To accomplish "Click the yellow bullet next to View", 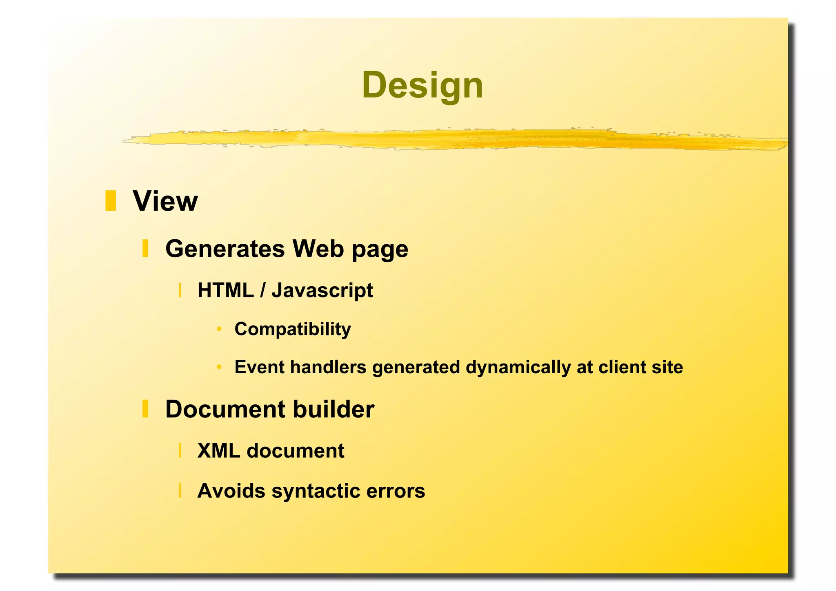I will [111, 201].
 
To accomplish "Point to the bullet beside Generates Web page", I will [145, 248].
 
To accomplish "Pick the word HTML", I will [226, 290].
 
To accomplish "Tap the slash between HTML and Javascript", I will [262, 290].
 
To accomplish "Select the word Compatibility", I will [293, 329].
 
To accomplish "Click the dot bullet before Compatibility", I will [219, 329].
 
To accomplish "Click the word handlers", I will [328, 367].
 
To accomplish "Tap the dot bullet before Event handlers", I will [219, 367].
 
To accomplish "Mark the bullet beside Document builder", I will [145, 409].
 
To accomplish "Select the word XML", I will [219, 451].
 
